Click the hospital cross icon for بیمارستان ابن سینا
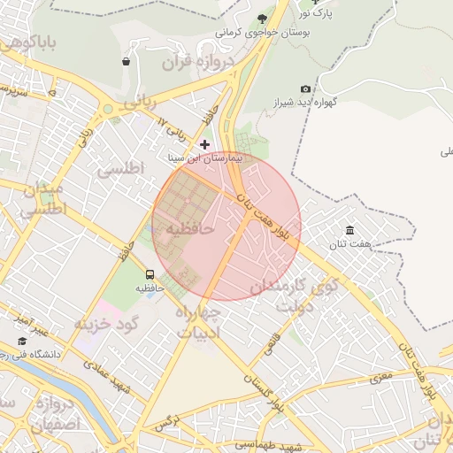(205, 143)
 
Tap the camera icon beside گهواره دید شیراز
(306, 88)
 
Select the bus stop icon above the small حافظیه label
(150, 274)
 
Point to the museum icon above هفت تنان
(350, 230)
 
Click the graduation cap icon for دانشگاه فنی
(22, 342)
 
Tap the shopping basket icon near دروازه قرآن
(127, 62)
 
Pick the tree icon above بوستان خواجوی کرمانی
(262, 18)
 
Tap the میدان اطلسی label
(40, 201)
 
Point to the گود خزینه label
(108, 324)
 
